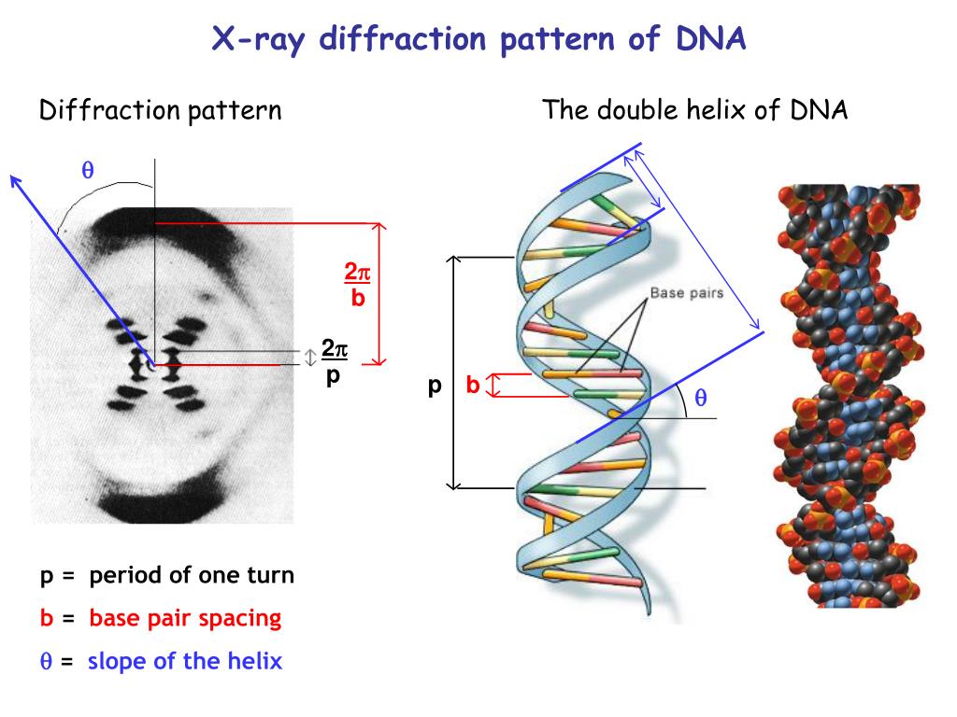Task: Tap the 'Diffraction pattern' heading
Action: pyautogui.click(x=160, y=111)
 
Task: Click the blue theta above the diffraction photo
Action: pyautogui.click(x=88, y=170)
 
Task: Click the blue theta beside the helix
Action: pyautogui.click(x=699, y=398)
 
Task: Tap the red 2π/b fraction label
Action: pyautogui.click(x=357, y=286)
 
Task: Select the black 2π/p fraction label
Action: pyautogui.click(x=334, y=362)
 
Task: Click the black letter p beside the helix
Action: pyautogui.click(x=434, y=386)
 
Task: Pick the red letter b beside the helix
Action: pyautogui.click(x=473, y=385)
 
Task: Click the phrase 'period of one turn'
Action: pyautogui.click(x=192, y=575)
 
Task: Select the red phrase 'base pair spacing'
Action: pyautogui.click(x=185, y=618)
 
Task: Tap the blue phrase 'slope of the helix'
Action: pyautogui.click(x=184, y=661)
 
